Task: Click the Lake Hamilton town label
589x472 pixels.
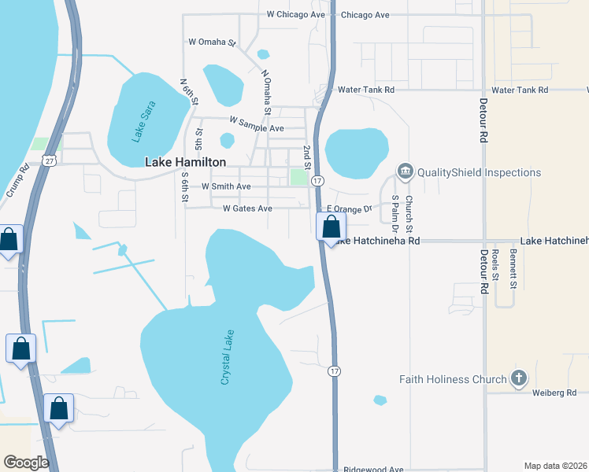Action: pos(186,162)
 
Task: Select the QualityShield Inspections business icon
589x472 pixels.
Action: pos(406,171)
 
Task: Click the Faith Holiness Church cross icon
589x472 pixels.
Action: pos(518,379)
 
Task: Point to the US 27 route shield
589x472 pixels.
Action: pos(50,160)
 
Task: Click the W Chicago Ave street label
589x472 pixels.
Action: pos(295,14)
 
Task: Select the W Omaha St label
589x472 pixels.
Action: pos(213,42)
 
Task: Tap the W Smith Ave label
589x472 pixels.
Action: pos(226,186)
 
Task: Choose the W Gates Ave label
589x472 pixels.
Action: pos(247,208)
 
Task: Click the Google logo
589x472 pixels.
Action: pos(27,463)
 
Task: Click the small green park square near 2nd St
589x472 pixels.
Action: pos(298,177)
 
